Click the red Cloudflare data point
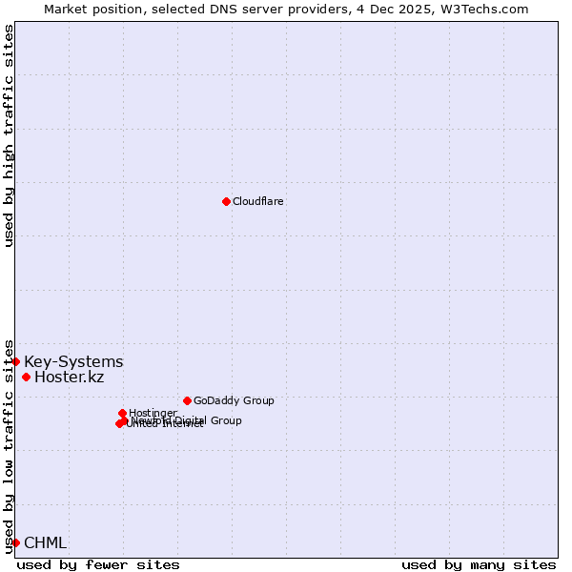point(226,201)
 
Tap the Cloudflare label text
point(257,202)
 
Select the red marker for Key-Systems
point(16,361)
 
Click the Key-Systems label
point(73,362)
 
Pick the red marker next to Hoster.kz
point(26,377)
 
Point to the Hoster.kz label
point(69,378)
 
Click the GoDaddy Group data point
point(187,400)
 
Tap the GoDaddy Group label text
point(233,401)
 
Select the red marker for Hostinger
point(122,413)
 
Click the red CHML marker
point(16,542)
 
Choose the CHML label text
point(45,543)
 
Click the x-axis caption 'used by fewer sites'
point(98,564)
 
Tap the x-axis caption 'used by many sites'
point(479,564)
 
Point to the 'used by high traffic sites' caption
point(10,135)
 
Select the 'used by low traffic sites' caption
point(10,446)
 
